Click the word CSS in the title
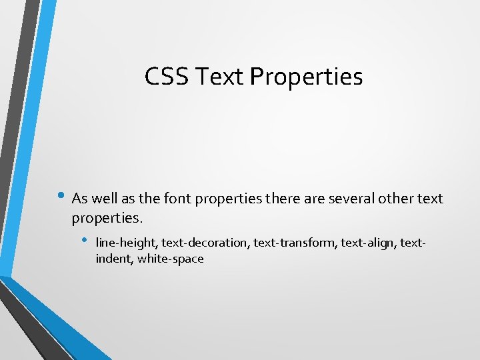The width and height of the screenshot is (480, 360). tap(167, 77)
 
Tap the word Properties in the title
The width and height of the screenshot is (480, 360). tap(307, 77)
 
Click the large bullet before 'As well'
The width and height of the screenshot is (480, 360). tap(63, 197)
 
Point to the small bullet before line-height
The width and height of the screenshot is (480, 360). tap(85, 240)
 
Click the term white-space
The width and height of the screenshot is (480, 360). tap(171, 259)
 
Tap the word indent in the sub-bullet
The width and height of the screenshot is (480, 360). tap(114, 259)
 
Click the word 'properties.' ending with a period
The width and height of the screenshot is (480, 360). tap(107, 218)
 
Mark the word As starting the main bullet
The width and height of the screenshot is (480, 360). tap(79, 198)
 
